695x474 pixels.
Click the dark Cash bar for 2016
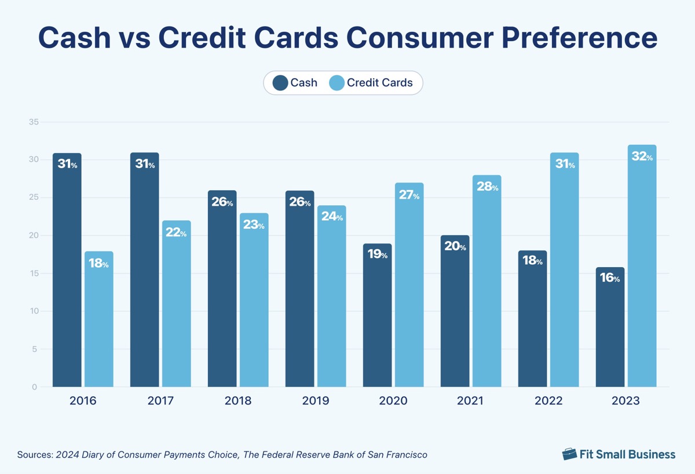click(67, 278)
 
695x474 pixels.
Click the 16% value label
click(610, 278)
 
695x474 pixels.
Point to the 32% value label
click(642, 156)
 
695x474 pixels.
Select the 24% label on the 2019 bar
click(332, 217)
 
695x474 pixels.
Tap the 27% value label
click(409, 195)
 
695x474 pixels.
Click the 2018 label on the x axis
click(238, 401)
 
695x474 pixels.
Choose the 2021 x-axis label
click(471, 401)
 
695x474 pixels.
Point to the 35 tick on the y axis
click(33, 122)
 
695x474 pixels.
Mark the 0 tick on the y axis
click(35, 387)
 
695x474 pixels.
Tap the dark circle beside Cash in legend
click(280, 83)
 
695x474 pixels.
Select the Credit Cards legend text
click(380, 83)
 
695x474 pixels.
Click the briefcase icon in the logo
click(570, 454)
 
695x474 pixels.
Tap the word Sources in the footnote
click(35, 455)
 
